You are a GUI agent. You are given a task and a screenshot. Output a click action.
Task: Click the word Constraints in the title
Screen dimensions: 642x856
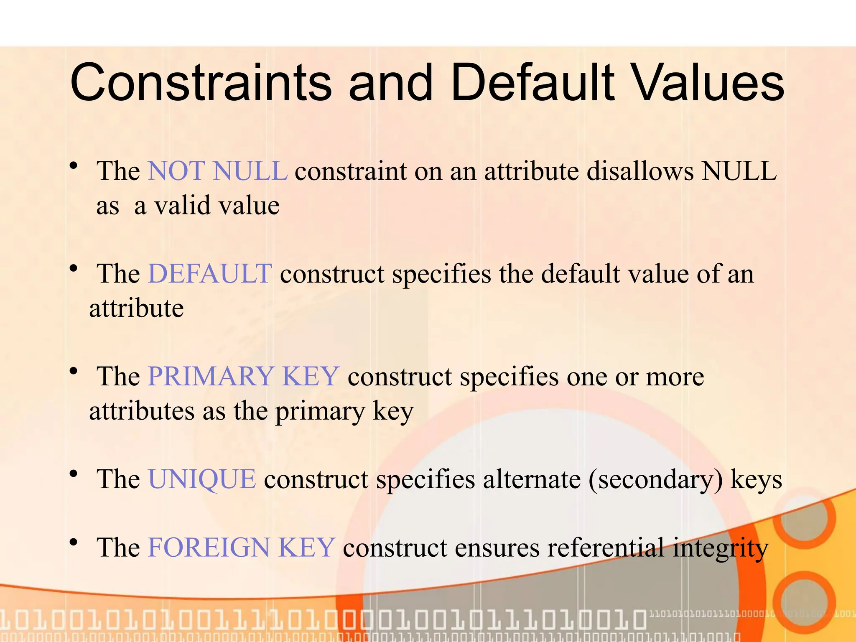click(x=201, y=82)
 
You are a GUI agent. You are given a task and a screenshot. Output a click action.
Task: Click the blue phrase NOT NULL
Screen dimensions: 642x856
click(x=218, y=171)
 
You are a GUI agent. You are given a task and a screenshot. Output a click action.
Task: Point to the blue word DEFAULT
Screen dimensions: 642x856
click(x=210, y=274)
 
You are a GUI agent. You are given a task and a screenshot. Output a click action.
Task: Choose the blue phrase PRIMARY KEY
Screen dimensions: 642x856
click(x=243, y=376)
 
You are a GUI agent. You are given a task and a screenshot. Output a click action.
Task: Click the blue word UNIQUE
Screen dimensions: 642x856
click(x=202, y=479)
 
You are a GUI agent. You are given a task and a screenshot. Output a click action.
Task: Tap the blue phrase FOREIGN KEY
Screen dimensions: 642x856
click(x=241, y=548)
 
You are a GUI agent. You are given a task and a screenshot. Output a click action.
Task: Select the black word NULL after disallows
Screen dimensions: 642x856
click(x=739, y=171)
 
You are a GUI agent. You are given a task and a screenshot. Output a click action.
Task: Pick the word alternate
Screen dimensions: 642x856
click(x=532, y=479)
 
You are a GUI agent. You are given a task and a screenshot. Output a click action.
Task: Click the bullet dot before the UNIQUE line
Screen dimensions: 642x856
click(x=74, y=474)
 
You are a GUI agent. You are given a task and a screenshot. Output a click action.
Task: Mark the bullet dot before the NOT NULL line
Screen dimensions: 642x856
click(x=74, y=166)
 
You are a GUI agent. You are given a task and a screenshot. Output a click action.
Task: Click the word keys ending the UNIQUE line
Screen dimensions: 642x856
click(x=756, y=480)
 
